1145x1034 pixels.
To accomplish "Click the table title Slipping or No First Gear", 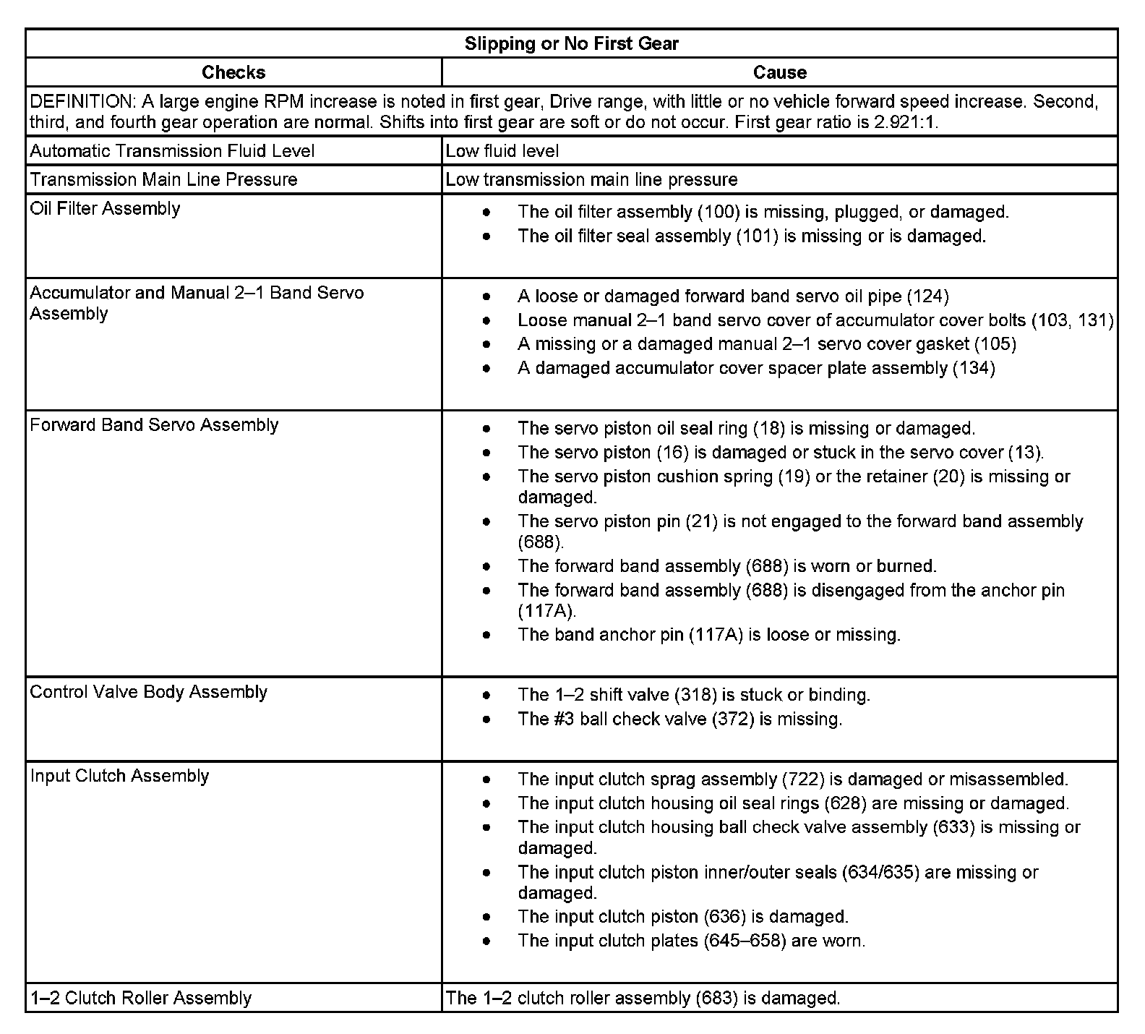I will coord(571,43).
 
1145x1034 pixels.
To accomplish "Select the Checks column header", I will coord(233,72).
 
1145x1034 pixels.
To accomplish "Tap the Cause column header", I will coord(779,72).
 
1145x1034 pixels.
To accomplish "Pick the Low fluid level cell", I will coord(502,151).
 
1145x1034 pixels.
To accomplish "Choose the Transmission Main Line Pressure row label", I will coord(163,179).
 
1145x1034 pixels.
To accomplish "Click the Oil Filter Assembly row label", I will coord(105,209).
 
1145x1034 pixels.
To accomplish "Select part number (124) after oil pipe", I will coord(927,296).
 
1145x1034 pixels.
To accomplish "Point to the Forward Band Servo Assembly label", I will coord(154,425).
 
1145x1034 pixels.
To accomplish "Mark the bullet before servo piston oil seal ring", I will coord(487,429).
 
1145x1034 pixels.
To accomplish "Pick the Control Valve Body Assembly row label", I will coord(148,692).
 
